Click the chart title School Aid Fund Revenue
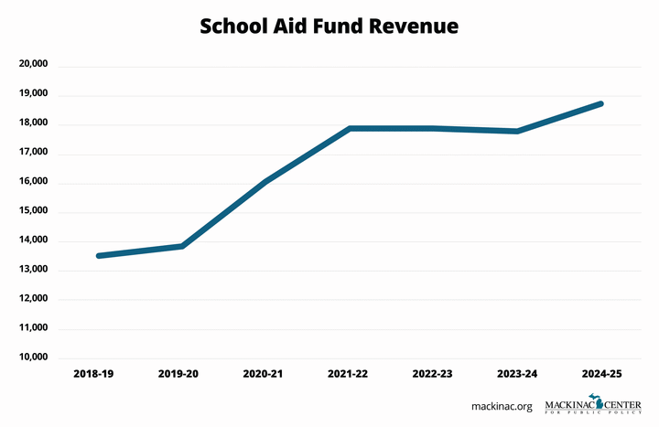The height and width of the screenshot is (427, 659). click(x=329, y=27)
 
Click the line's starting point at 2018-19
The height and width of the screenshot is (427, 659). click(x=99, y=256)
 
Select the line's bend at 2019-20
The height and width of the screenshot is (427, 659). click(x=183, y=246)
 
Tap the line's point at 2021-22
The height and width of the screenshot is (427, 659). click(x=350, y=128)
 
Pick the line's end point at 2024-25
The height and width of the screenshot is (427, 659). click(x=600, y=103)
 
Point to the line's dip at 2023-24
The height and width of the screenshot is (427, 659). click(x=517, y=131)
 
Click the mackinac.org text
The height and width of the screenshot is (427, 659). click(x=502, y=405)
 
